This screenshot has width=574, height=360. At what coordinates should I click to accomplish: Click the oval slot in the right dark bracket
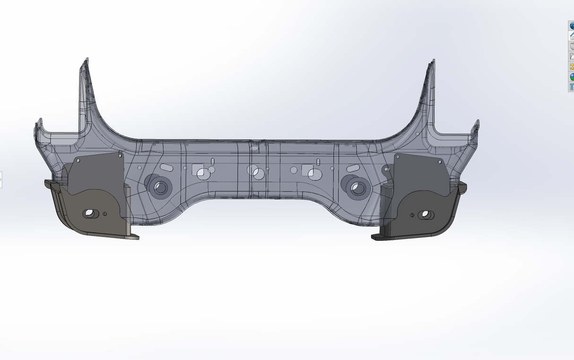(425, 215)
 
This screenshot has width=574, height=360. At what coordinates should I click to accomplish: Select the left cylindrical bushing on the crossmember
(160, 187)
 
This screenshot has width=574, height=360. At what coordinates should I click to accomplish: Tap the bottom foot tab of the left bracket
(132, 236)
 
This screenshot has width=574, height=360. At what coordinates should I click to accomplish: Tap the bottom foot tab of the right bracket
(378, 237)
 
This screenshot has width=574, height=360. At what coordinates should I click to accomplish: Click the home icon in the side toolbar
(571, 35)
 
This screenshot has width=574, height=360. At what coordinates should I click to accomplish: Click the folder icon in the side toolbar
(571, 56)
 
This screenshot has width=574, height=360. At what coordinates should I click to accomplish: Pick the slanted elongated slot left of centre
(166, 167)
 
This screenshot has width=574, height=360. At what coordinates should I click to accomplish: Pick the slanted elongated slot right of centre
(352, 168)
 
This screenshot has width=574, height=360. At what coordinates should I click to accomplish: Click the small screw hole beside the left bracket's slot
(104, 214)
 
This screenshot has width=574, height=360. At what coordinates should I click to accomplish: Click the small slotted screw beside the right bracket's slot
(412, 215)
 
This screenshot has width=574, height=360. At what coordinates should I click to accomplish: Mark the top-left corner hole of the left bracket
(78, 160)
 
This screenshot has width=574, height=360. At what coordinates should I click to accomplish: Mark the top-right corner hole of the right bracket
(441, 161)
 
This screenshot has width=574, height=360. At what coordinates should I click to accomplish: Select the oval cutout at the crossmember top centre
(254, 148)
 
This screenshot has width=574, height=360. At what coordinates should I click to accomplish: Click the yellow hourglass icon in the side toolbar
(571, 66)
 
